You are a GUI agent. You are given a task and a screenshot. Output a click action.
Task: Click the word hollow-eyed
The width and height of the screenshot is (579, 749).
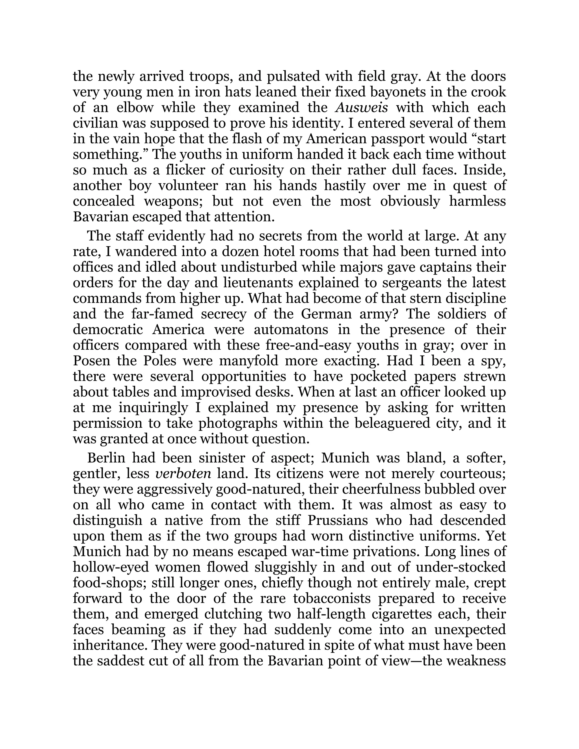(111, 568)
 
